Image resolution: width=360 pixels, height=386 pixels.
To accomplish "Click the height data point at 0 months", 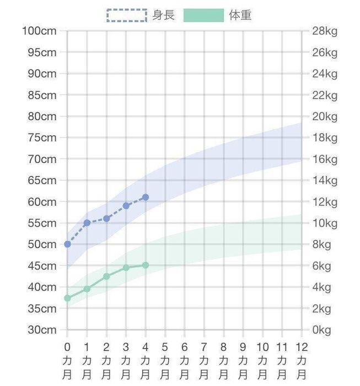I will tap(67, 244).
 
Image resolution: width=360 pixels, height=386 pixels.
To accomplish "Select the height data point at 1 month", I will tap(87, 223).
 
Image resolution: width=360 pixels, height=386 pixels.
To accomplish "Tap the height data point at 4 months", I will tap(146, 197).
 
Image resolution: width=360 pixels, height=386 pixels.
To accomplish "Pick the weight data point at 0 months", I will tap(67, 298).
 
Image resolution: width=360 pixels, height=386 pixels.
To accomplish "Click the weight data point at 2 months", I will tap(106, 276).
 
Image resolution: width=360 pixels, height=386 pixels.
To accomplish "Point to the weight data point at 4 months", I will tap(146, 265).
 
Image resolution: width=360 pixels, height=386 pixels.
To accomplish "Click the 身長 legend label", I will tap(163, 15).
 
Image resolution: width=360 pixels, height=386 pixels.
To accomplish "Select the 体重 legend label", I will tap(240, 15).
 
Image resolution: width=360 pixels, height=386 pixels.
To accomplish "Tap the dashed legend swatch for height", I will tap(127, 15).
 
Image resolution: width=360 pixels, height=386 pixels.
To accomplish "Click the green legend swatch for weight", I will tap(203, 15).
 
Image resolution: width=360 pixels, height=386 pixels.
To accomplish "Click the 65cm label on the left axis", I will tap(42, 180).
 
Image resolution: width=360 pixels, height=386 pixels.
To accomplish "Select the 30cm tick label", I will tap(42, 330).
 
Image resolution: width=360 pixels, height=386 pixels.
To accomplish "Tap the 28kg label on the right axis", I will tap(325, 31).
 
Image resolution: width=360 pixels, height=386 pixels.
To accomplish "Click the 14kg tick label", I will tap(325, 180).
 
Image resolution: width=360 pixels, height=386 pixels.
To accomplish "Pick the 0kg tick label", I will tap(322, 330).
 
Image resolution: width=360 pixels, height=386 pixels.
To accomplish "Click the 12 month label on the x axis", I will tap(302, 361).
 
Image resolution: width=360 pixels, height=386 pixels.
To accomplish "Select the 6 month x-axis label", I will tap(185, 361).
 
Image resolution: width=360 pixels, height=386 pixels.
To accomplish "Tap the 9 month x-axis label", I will tap(243, 361).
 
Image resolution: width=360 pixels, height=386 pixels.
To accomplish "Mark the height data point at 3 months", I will tap(126, 206).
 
